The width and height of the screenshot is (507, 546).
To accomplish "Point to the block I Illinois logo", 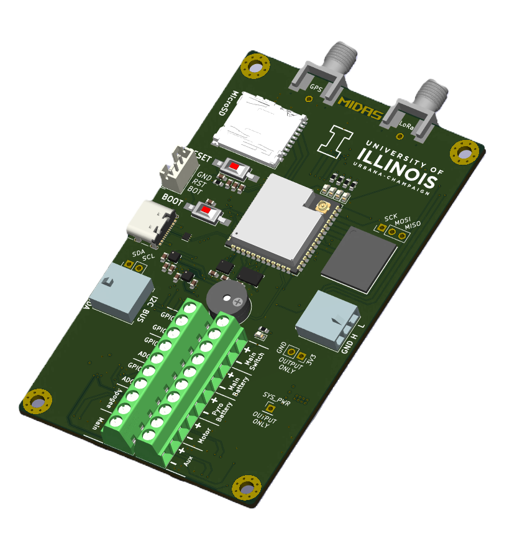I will pyautogui.click(x=334, y=141).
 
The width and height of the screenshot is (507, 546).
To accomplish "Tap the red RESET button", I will pyautogui.click(x=235, y=167).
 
